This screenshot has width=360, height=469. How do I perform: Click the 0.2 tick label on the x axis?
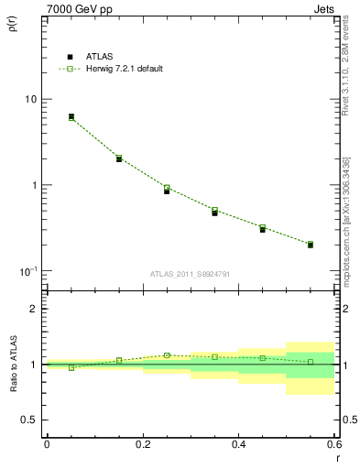(142, 445)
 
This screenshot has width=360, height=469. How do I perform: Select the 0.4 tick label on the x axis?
(238, 445)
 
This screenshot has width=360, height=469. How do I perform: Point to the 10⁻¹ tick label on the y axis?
(27, 271)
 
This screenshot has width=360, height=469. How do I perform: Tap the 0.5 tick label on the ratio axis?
(29, 420)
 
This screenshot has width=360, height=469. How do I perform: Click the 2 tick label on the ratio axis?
(35, 310)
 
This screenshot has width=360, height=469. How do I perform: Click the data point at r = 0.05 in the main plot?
(71, 117)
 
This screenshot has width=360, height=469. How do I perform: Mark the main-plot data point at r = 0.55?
(311, 245)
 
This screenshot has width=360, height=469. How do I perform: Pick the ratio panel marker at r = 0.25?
(167, 355)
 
